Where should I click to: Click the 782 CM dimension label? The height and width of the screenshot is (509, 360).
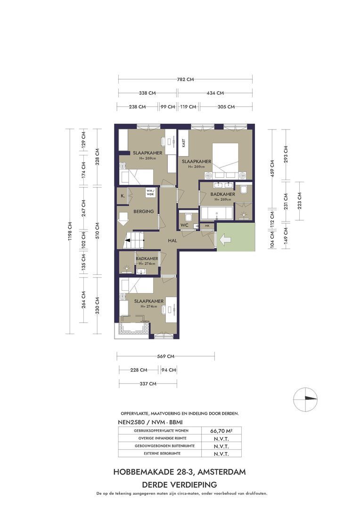coord(185,80)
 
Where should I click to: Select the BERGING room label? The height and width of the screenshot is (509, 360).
coord(144,212)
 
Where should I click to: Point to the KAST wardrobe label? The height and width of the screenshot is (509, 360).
coord(183,142)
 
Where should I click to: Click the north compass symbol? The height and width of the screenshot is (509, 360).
coord(305,398)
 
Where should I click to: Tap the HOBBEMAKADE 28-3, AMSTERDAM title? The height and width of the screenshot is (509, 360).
coord(180,472)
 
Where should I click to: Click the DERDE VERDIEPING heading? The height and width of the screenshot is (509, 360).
coord(180,484)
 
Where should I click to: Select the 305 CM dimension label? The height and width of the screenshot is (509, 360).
coord(226,107)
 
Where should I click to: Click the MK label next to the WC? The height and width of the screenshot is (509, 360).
coord(207,226)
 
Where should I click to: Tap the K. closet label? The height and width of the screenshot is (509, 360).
coord(123,195)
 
